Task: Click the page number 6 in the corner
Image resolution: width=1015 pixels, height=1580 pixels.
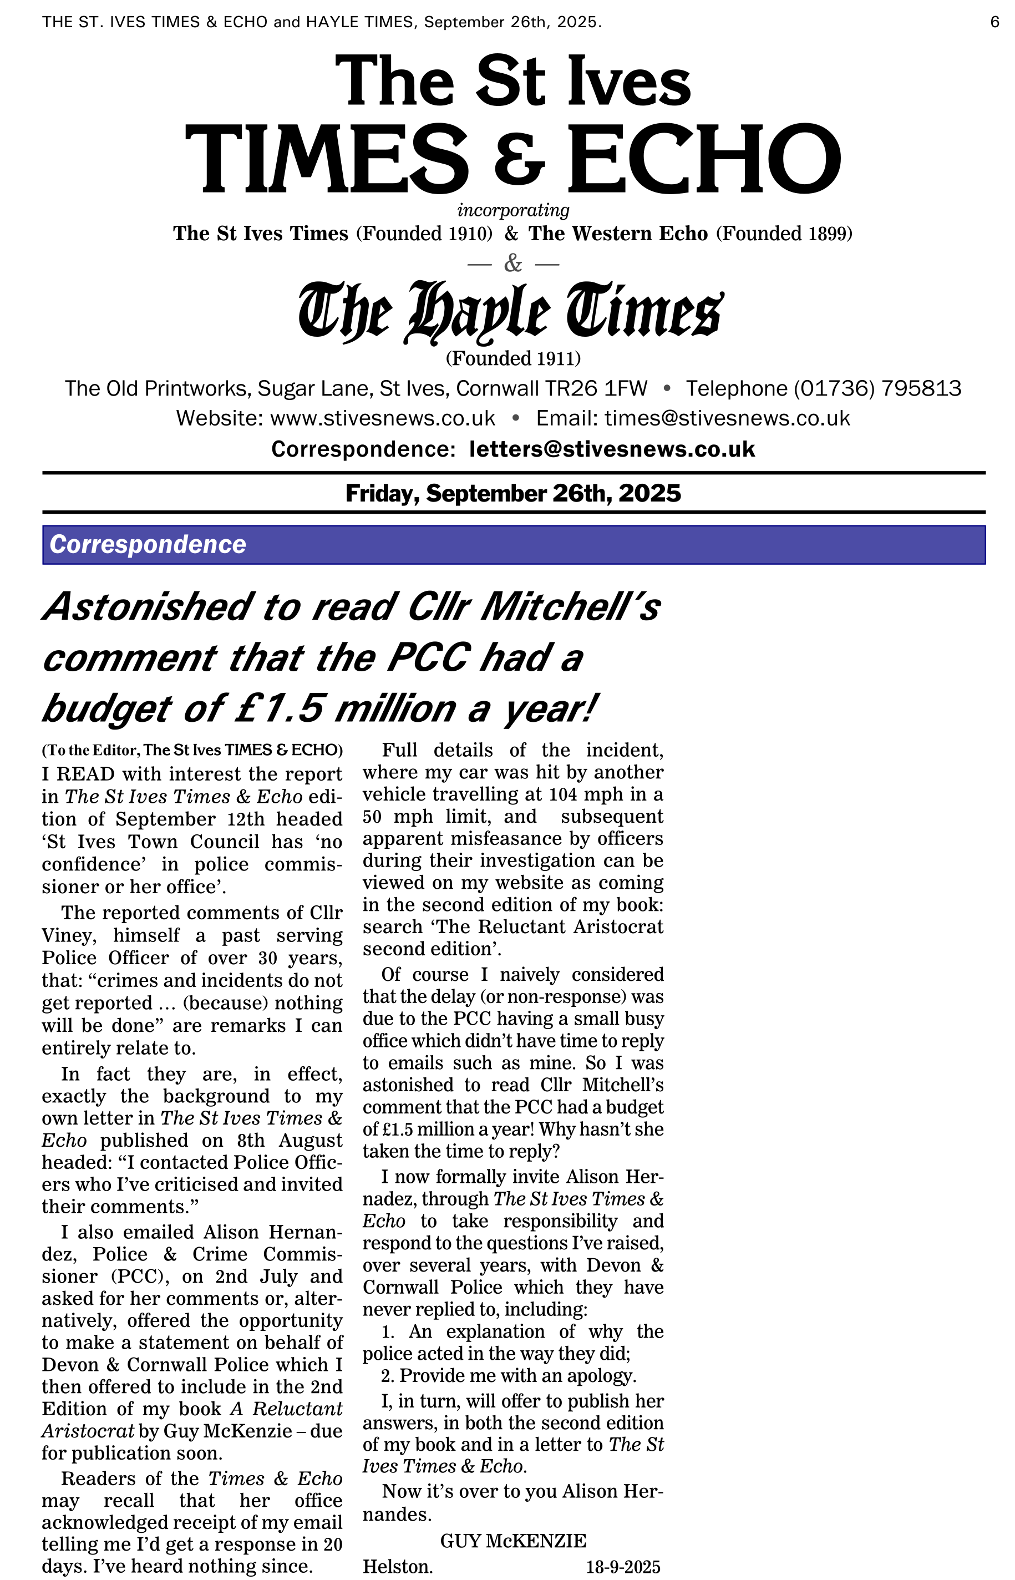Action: coord(994,22)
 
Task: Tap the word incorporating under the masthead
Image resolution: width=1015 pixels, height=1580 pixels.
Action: coord(513,210)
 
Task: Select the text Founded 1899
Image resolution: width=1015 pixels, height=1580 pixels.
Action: coord(784,234)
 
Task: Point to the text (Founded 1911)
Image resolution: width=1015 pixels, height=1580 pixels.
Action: coord(513,358)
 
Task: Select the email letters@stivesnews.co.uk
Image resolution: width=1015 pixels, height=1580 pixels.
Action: coord(612,449)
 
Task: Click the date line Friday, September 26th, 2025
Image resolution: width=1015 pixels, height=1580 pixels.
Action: coord(513,493)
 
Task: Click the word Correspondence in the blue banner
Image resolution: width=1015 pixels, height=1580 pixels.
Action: coord(148,544)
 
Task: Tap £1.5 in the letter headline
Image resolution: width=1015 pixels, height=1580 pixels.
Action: coord(280,708)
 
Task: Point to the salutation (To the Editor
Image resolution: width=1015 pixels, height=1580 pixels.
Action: coord(90,750)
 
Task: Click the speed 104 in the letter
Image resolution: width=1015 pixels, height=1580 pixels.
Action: coord(564,795)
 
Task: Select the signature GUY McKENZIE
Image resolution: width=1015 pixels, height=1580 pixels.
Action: coord(513,1541)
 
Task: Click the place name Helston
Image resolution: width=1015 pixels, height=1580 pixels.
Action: coord(398,1567)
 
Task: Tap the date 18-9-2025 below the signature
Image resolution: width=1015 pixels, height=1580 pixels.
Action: coord(623,1567)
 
